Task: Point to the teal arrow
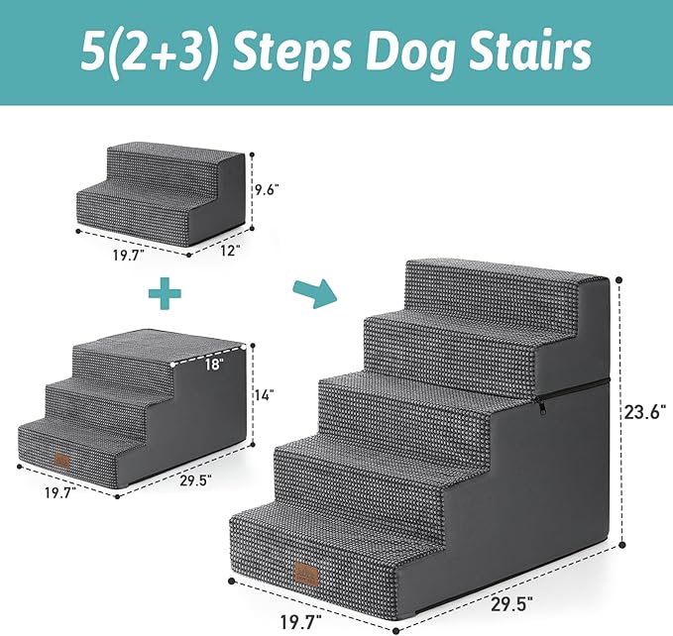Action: point(313,293)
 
